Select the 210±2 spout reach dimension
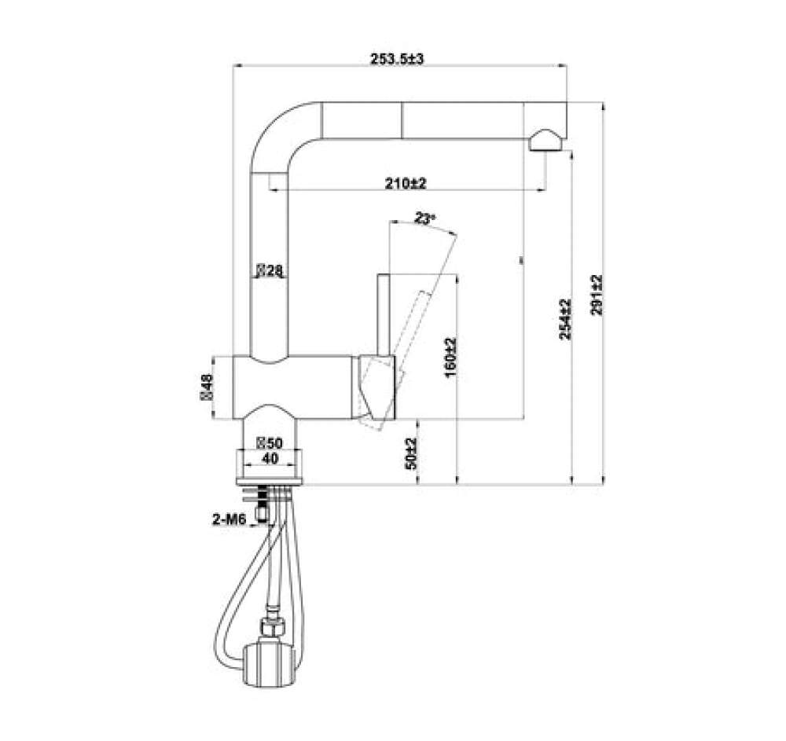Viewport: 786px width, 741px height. click(405, 184)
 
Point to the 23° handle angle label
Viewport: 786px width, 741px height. click(425, 219)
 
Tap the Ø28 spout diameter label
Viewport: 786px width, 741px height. click(268, 271)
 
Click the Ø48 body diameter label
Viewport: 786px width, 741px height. click(208, 387)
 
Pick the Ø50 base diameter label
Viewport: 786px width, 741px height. click(269, 444)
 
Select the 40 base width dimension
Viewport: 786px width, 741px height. click(270, 458)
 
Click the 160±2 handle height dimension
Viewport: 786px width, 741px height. click(450, 358)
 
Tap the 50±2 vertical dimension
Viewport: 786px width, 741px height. click(410, 453)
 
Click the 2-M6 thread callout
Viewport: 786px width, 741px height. click(227, 518)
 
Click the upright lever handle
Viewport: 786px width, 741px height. click(383, 314)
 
